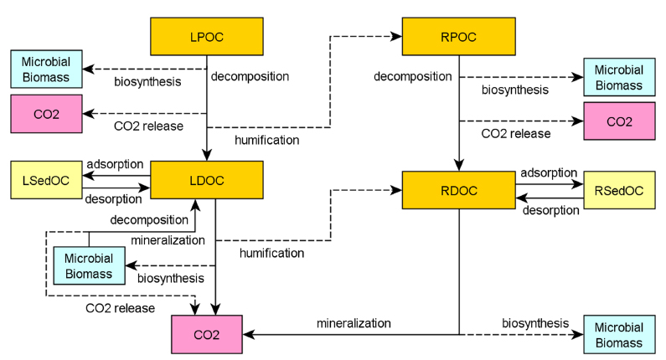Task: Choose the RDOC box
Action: coord(459,190)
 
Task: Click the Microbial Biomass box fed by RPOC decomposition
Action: coord(619,78)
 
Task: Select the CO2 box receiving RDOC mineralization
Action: coord(206,334)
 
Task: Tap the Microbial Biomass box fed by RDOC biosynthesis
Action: coord(619,335)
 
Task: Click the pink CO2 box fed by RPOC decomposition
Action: coord(619,121)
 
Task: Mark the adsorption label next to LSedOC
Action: coord(114,164)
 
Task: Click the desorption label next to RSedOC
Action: coord(550,210)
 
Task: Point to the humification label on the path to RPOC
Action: coord(266,140)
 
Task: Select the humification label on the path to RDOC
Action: coord(271,253)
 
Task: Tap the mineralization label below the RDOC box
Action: coord(353,322)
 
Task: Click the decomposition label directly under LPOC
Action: coord(250,76)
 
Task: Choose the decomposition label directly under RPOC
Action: coord(413,77)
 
